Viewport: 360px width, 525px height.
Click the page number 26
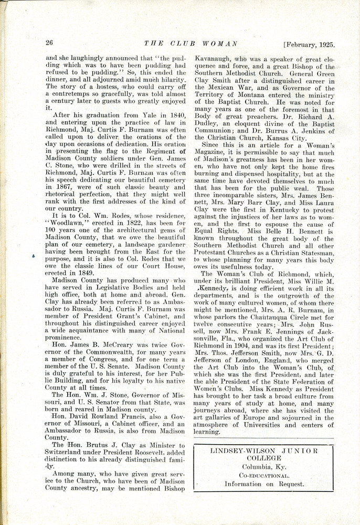pyautogui.click(x=50, y=43)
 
